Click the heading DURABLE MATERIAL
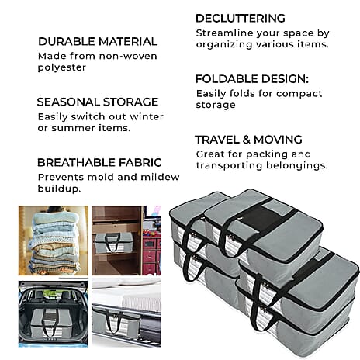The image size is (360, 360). click(x=98, y=42)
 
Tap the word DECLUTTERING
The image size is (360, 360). click(x=241, y=19)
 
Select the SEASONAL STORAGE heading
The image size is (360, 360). click(x=98, y=102)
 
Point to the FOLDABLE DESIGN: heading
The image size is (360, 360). click(x=252, y=79)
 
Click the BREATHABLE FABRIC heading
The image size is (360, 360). click(x=99, y=163)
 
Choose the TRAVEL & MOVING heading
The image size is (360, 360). click(x=249, y=140)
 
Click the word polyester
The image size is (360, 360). click(x=62, y=67)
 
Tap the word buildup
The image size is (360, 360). click(x=59, y=189)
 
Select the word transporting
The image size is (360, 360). click(x=229, y=165)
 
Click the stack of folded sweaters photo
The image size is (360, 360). click(x=54, y=241)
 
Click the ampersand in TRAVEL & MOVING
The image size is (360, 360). click(x=247, y=140)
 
